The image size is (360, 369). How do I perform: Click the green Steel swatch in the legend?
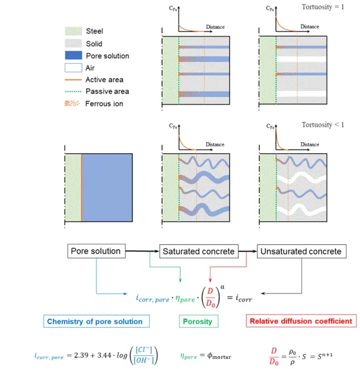(73, 31)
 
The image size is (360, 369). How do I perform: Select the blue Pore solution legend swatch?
(73, 55)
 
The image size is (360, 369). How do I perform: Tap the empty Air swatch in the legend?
(73, 68)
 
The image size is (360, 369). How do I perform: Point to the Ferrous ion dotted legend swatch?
(72, 103)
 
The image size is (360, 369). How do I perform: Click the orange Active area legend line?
(73, 80)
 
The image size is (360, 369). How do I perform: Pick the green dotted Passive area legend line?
(73, 91)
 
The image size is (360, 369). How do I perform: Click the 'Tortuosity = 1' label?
(323, 7)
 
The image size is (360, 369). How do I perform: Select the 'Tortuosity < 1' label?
(323, 125)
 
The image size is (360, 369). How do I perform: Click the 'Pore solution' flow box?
(96, 251)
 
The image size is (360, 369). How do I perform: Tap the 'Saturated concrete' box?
(199, 252)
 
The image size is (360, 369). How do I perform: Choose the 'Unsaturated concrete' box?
(302, 252)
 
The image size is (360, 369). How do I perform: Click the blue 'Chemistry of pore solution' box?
(96, 321)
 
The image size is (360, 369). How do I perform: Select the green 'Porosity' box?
(198, 321)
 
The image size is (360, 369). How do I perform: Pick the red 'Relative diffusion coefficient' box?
(301, 321)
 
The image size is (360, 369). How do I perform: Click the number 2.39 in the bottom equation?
(81, 355)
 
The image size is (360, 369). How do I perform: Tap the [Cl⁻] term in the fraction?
(144, 350)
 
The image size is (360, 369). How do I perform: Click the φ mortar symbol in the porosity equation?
(219, 356)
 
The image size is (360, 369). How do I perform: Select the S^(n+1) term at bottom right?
(325, 355)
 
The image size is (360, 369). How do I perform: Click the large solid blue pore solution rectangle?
(107, 188)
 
